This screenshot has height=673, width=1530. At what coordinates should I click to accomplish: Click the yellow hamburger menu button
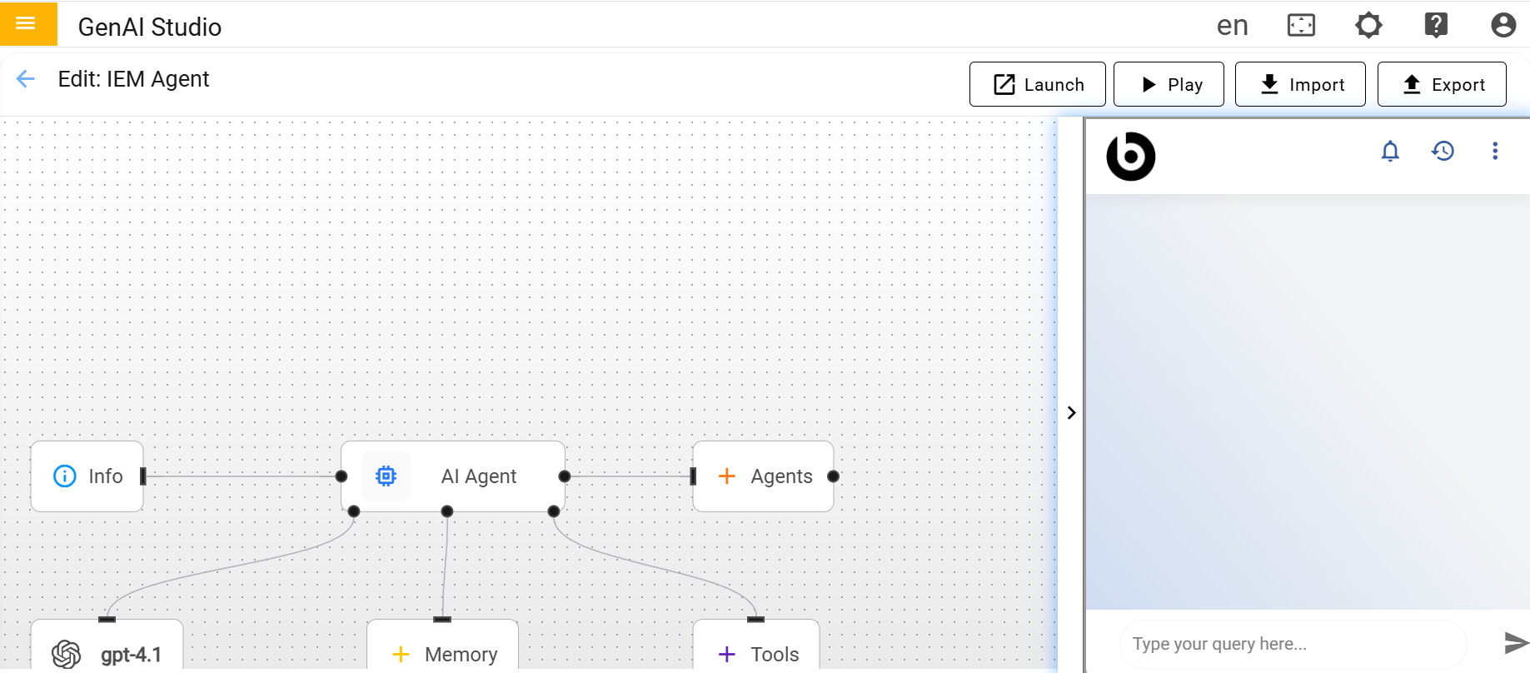click(28, 23)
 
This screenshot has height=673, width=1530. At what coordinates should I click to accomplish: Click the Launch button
click(1037, 84)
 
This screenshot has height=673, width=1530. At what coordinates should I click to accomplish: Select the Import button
click(1300, 84)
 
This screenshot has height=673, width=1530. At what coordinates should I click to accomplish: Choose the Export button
click(1442, 84)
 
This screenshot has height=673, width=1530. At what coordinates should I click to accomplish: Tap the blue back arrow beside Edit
click(26, 79)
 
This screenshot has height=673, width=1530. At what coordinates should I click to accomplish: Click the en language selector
click(1232, 26)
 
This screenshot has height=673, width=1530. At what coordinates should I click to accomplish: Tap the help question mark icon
click(1436, 25)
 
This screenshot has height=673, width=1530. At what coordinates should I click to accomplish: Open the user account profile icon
click(1503, 25)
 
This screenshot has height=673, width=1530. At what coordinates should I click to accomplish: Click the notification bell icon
click(1390, 151)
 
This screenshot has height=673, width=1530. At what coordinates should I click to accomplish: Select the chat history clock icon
click(1443, 151)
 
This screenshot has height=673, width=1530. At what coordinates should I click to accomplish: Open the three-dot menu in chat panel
click(1495, 151)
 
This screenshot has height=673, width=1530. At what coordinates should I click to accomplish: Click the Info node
click(87, 476)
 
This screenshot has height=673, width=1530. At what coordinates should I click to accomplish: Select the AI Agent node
click(453, 476)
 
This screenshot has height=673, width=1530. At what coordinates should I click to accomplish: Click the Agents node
click(763, 476)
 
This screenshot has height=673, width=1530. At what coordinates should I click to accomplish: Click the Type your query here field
click(1293, 644)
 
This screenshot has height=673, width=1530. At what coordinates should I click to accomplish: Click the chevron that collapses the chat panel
click(1071, 412)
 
